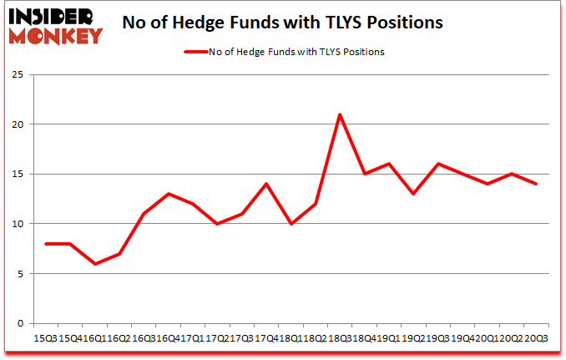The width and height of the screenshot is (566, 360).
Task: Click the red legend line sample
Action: pos(201,52)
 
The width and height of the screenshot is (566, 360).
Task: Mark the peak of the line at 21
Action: pos(340,114)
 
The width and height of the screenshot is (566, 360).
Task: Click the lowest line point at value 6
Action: pos(95,264)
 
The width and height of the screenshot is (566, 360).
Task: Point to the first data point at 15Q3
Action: pos(46,244)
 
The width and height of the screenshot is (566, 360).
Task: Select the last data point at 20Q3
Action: pos(536,184)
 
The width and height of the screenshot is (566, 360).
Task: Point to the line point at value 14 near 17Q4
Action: pos(266,184)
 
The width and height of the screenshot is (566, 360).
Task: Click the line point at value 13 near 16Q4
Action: pos(169,194)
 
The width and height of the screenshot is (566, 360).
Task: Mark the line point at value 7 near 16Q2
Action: pos(119,254)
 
